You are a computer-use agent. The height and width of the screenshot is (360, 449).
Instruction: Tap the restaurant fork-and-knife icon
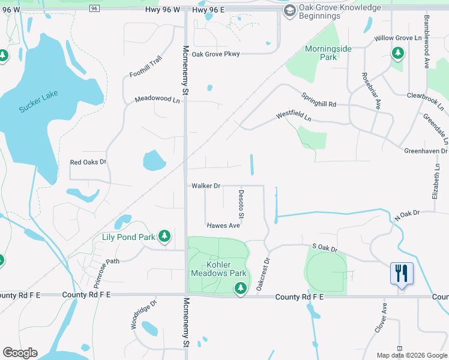402,273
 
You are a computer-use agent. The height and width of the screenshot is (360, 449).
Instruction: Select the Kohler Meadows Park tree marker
241,289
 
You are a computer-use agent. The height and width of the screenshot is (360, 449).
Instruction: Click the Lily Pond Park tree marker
164,237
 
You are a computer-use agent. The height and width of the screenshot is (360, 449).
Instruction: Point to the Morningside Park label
328,53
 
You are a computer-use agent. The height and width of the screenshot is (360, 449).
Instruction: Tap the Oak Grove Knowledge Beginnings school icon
290,10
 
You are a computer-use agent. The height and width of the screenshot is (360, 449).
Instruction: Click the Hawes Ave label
223,226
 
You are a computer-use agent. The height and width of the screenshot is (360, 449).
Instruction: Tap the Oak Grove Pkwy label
215,54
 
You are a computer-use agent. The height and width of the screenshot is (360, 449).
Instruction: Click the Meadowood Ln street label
157,100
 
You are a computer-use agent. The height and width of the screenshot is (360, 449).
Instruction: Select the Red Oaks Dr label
88,162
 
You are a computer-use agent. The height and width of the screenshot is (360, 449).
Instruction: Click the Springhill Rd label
319,100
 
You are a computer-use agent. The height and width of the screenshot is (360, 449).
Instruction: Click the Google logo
20,353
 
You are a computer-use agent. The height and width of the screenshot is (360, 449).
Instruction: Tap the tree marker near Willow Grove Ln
397,54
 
